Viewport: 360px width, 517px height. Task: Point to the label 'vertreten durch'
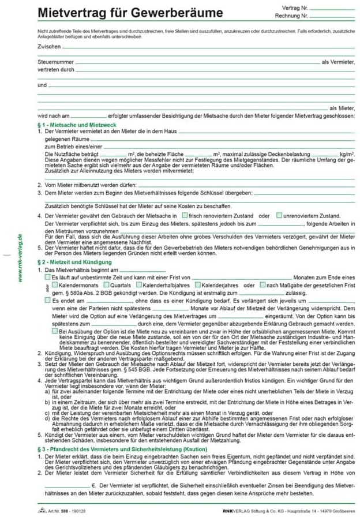(56, 69)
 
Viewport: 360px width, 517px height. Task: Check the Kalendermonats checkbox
(55, 285)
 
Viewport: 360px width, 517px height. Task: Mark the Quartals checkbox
(107, 285)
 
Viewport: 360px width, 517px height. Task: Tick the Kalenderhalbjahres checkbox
(139, 285)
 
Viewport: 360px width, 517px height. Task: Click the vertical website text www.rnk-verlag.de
(21, 258)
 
